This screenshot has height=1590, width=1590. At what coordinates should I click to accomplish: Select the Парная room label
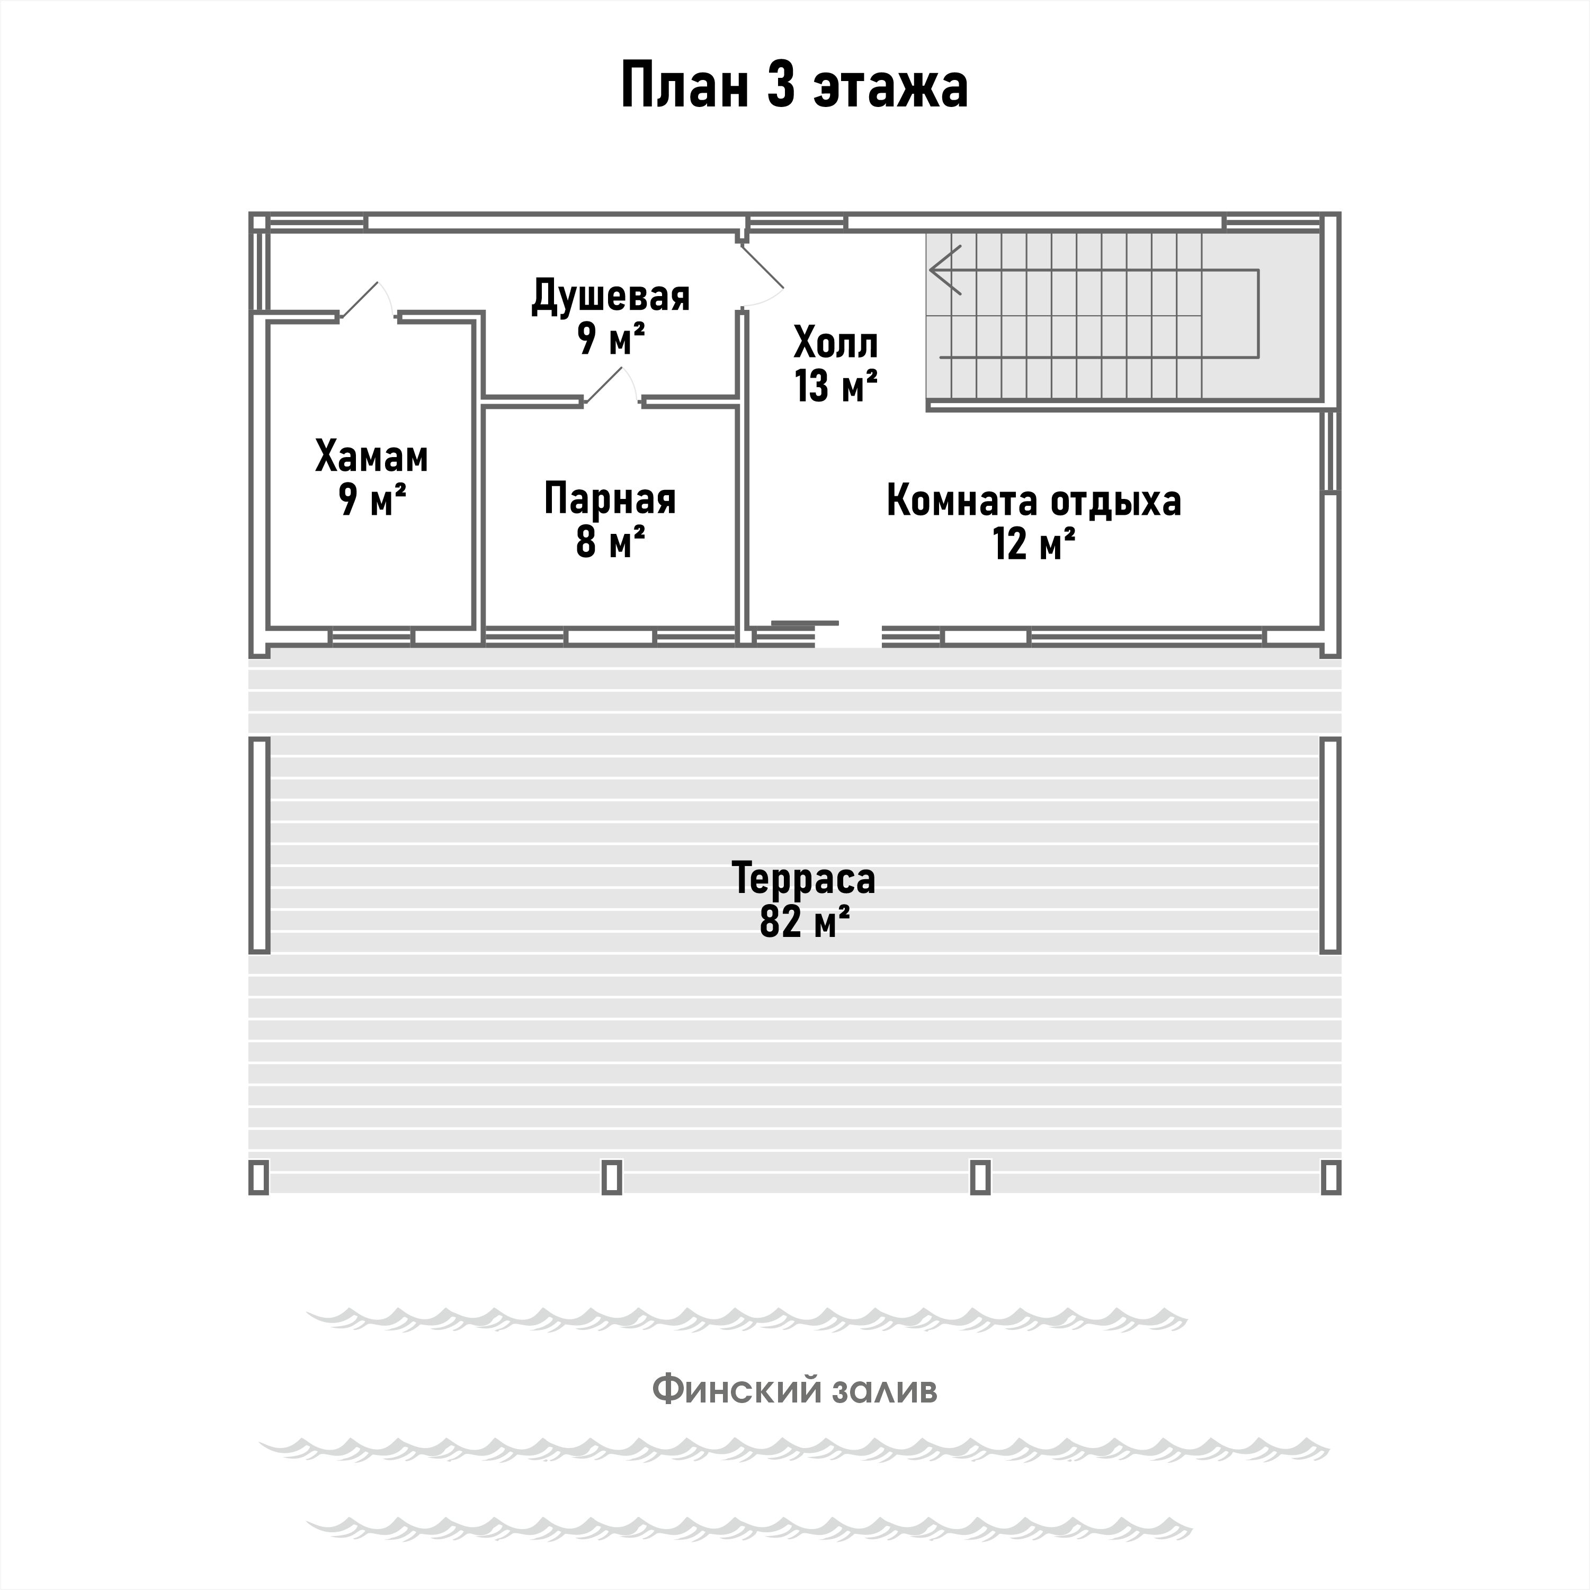[610, 499]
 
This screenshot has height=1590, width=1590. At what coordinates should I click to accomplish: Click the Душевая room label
[610, 296]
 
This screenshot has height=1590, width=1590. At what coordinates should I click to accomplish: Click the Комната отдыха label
[1034, 501]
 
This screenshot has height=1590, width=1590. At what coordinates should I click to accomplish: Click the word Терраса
[803, 878]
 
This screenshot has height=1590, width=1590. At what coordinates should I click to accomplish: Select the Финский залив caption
[794, 1390]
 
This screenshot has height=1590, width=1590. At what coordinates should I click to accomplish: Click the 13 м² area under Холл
[835, 386]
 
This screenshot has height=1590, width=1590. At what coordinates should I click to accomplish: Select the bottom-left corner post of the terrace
[258, 1177]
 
